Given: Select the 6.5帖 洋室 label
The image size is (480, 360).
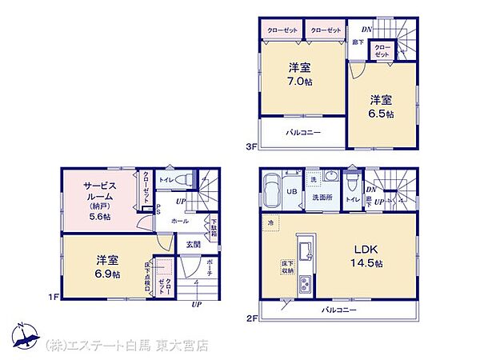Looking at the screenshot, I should [x=381, y=107].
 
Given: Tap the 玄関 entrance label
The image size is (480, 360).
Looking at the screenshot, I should [x=194, y=244].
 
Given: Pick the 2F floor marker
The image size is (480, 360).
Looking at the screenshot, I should [x=250, y=318].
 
